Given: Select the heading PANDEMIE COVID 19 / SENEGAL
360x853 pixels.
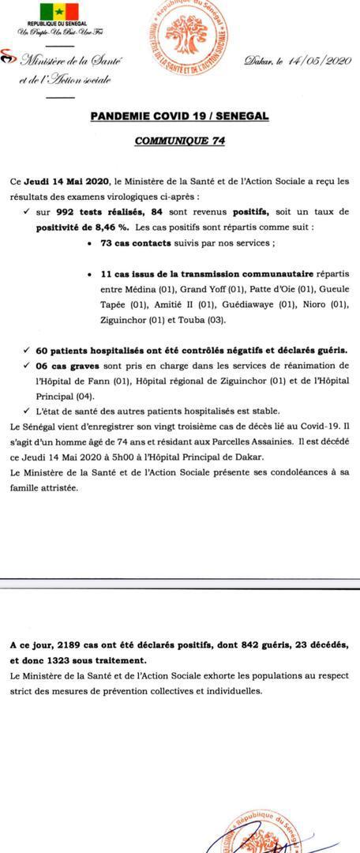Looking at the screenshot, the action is [179, 116].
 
